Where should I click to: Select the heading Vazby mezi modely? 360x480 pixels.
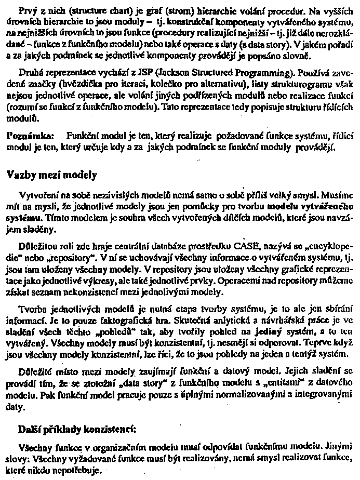pos(51,175)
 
